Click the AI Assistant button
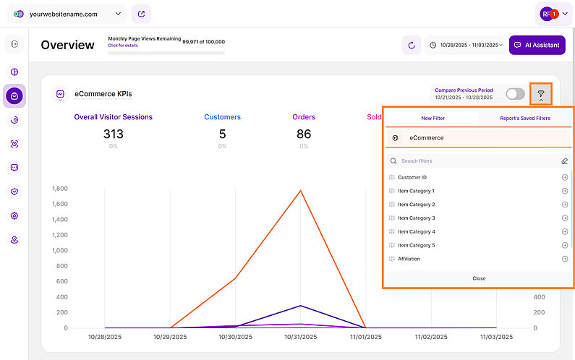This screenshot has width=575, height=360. coord(537,45)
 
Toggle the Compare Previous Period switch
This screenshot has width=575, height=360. coord(515,94)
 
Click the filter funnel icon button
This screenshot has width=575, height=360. coord(540,94)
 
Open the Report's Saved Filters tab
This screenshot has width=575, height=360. coord(524,118)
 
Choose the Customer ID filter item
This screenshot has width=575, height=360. coord(412,177)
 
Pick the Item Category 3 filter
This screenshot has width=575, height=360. coord(416,218)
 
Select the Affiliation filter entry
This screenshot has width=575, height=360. coord(409,259)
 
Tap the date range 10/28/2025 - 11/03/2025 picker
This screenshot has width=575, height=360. coord(465,45)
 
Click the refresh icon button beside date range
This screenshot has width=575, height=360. coord(412,45)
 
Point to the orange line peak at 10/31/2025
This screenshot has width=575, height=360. coord(300,191)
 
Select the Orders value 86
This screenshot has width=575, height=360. coord(304,134)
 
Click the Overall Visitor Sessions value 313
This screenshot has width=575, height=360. coord(113,134)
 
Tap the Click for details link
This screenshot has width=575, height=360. coord(123,45)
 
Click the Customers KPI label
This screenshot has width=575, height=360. coord(222,117)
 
